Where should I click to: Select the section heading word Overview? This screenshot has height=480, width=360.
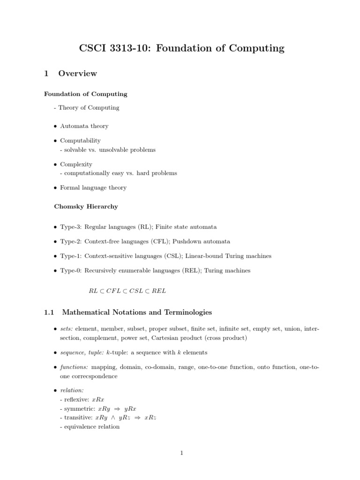click(x=77, y=74)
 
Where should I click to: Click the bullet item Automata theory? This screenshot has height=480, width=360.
click(x=84, y=126)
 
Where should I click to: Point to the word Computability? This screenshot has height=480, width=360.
click(x=80, y=140)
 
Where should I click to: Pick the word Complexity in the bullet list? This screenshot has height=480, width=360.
click(x=76, y=164)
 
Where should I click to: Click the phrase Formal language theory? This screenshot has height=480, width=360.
click(x=93, y=187)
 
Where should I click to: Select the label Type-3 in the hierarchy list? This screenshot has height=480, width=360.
click(x=71, y=227)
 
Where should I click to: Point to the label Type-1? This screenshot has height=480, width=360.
click(x=71, y=256)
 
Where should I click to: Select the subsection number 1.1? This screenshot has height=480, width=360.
click(x=49, y=312)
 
